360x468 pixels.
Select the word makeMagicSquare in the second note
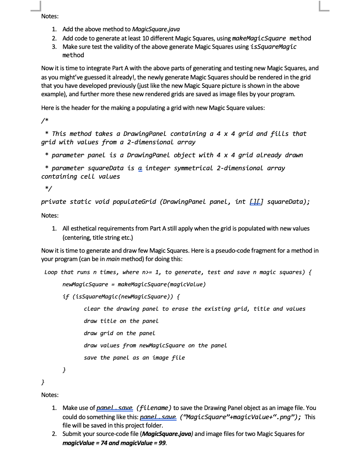tap(259, 38)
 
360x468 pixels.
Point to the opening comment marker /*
tap(44, 121)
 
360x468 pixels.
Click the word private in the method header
tap(53, 202)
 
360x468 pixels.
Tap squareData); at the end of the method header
tap(288, 202)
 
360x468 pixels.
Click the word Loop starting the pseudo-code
tap(51, 272)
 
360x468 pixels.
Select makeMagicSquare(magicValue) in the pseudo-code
tap(162, 284)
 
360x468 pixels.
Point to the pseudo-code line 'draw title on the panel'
tap(121, 321)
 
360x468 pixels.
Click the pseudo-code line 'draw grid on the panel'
tap(119, 333)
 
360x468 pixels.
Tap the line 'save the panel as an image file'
tap(134, 358)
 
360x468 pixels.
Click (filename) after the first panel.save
tap(153, 408)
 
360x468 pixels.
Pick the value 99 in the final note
tap(162, 443)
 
